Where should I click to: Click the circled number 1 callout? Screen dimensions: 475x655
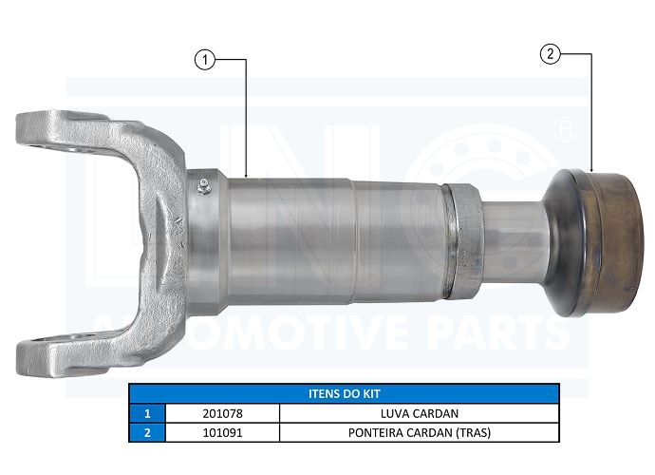(x=202, y=59)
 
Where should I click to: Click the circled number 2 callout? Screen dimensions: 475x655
(x=548, y=54)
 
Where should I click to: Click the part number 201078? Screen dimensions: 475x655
(x=222, y=413)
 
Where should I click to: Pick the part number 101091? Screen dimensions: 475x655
(x=222, y=432)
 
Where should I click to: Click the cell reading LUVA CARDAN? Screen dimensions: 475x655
(x=419, y=413)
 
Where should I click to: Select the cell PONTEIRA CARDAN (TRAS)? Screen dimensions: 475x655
(x=419, y=432)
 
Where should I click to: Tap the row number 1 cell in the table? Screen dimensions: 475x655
(x=147, y=413)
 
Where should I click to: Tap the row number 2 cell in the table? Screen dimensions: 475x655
(x=147, y=432)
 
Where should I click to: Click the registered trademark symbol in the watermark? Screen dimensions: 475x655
(x=565, y=126)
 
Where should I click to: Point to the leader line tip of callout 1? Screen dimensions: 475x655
(x=246, y=177)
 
